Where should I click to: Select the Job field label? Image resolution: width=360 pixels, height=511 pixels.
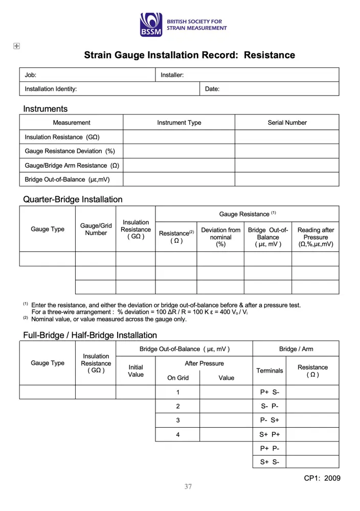pos(31,75)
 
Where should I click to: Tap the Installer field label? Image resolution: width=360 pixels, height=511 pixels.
pos(172,75)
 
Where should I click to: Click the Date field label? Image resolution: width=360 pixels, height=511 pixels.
pos(212,89)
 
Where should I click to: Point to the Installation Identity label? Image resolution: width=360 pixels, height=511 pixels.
pos(51,89)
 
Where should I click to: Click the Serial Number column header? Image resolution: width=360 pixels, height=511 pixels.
pos(287,123)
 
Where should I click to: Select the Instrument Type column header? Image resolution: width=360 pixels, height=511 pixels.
pos(179,123)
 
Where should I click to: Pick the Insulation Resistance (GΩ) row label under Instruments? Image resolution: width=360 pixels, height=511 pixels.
pos(62,137)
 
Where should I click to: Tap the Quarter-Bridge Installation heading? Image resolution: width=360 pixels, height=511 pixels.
pos(73,199)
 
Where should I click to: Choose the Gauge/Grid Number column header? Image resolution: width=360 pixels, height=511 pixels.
pos(96,229)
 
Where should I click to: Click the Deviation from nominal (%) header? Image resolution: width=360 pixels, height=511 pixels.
pos(220,237)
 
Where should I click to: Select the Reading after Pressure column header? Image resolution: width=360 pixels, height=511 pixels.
pos(316,237)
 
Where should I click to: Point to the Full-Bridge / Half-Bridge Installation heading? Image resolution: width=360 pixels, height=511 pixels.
pos(90,335)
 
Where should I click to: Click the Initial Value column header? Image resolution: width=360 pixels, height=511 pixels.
pos(136,370)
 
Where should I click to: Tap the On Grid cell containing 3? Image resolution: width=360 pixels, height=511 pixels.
pos(178,420)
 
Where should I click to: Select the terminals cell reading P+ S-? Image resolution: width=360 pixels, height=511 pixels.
pos(269,392)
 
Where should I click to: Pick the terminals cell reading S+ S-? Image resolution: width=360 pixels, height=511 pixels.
pos(269,462)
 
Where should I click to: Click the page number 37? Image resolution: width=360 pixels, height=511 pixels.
pos(188,486)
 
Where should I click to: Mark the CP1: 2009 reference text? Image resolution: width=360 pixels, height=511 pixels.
pos(322,478)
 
